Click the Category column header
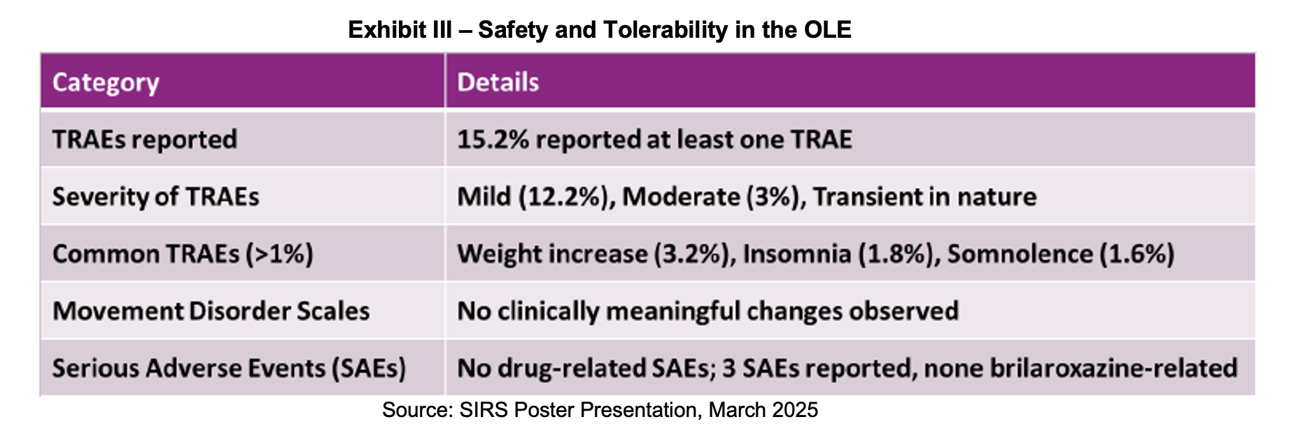point(106,83)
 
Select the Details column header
point(498,83)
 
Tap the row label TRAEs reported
point(144,139)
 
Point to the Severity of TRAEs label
point(155,197)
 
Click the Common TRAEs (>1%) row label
point(182,253)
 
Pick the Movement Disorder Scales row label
point(211,311)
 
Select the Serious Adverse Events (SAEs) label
point(229,368)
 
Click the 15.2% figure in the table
point(493,139)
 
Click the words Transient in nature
point(924,197)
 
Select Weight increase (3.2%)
point(596,253)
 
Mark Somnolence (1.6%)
point(1060,253)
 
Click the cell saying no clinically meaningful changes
point(707,311)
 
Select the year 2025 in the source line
point(794,410)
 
